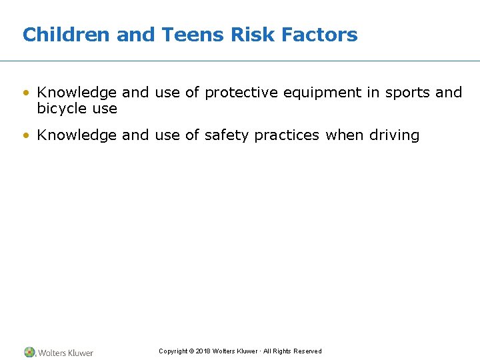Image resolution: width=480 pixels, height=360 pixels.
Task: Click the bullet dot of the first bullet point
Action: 26,93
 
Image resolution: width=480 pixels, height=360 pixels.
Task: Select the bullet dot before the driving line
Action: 26,136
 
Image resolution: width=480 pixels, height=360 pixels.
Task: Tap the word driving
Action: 394,136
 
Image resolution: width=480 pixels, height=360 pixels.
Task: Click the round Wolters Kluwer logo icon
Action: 29,352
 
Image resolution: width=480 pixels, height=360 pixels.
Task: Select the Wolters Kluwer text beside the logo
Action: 65,353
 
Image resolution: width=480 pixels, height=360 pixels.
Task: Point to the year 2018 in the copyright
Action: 203,351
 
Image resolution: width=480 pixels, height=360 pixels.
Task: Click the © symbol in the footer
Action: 191,351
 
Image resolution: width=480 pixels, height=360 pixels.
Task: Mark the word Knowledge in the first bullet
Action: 77,93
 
